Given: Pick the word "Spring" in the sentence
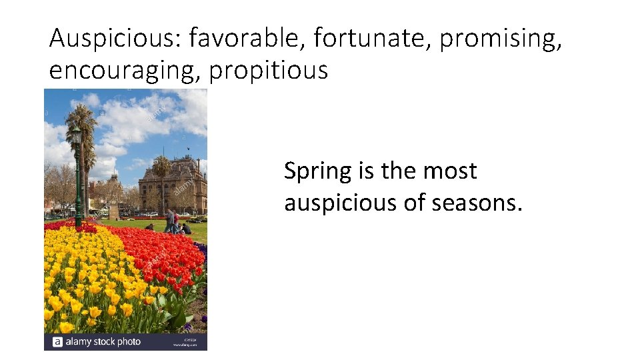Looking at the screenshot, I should [317, 172].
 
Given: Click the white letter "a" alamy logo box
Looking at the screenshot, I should [57, 342].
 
